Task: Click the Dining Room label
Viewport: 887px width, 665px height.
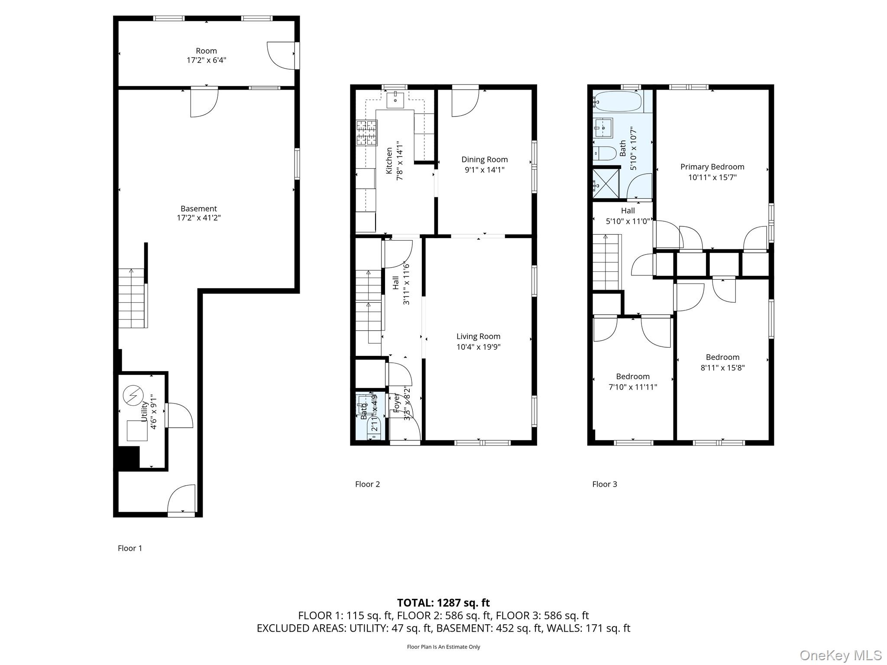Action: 484,159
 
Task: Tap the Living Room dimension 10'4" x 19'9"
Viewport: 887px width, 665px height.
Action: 478,347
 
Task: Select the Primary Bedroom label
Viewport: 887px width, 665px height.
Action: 712,167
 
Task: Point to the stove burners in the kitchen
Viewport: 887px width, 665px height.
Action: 366,132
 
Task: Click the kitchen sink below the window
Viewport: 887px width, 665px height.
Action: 395,100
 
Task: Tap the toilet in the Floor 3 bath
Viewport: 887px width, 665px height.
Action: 605,153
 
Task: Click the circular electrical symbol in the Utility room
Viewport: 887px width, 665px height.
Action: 133,396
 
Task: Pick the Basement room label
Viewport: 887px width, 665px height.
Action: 199,209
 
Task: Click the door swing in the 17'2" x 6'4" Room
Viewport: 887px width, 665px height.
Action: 281,55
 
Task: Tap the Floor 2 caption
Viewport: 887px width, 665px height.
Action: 367,484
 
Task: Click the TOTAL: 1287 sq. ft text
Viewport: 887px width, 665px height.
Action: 443,603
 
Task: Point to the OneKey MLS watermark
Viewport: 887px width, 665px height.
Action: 840,655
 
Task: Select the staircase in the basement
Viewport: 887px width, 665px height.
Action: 131,298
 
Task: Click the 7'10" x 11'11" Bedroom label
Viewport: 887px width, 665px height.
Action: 632,376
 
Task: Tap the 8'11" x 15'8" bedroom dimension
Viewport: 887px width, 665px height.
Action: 722,368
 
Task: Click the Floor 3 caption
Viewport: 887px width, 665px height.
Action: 604,484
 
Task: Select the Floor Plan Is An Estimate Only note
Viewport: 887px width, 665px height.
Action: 443,647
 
